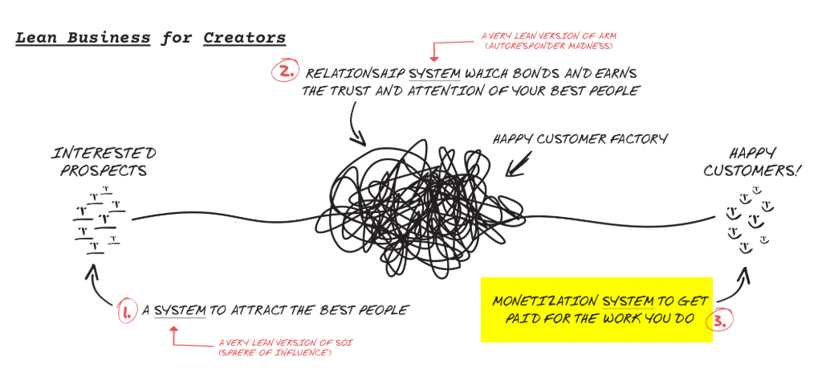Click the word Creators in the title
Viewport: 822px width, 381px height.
pyautogui.click(x=245, y=38)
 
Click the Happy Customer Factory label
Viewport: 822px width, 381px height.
pyautogui.click(x=580, y=140)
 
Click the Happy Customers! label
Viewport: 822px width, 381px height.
pyautogui.click(x=755, y=161)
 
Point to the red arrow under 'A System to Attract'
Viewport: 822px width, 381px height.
pyautogui.click(x=174, y=335)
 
